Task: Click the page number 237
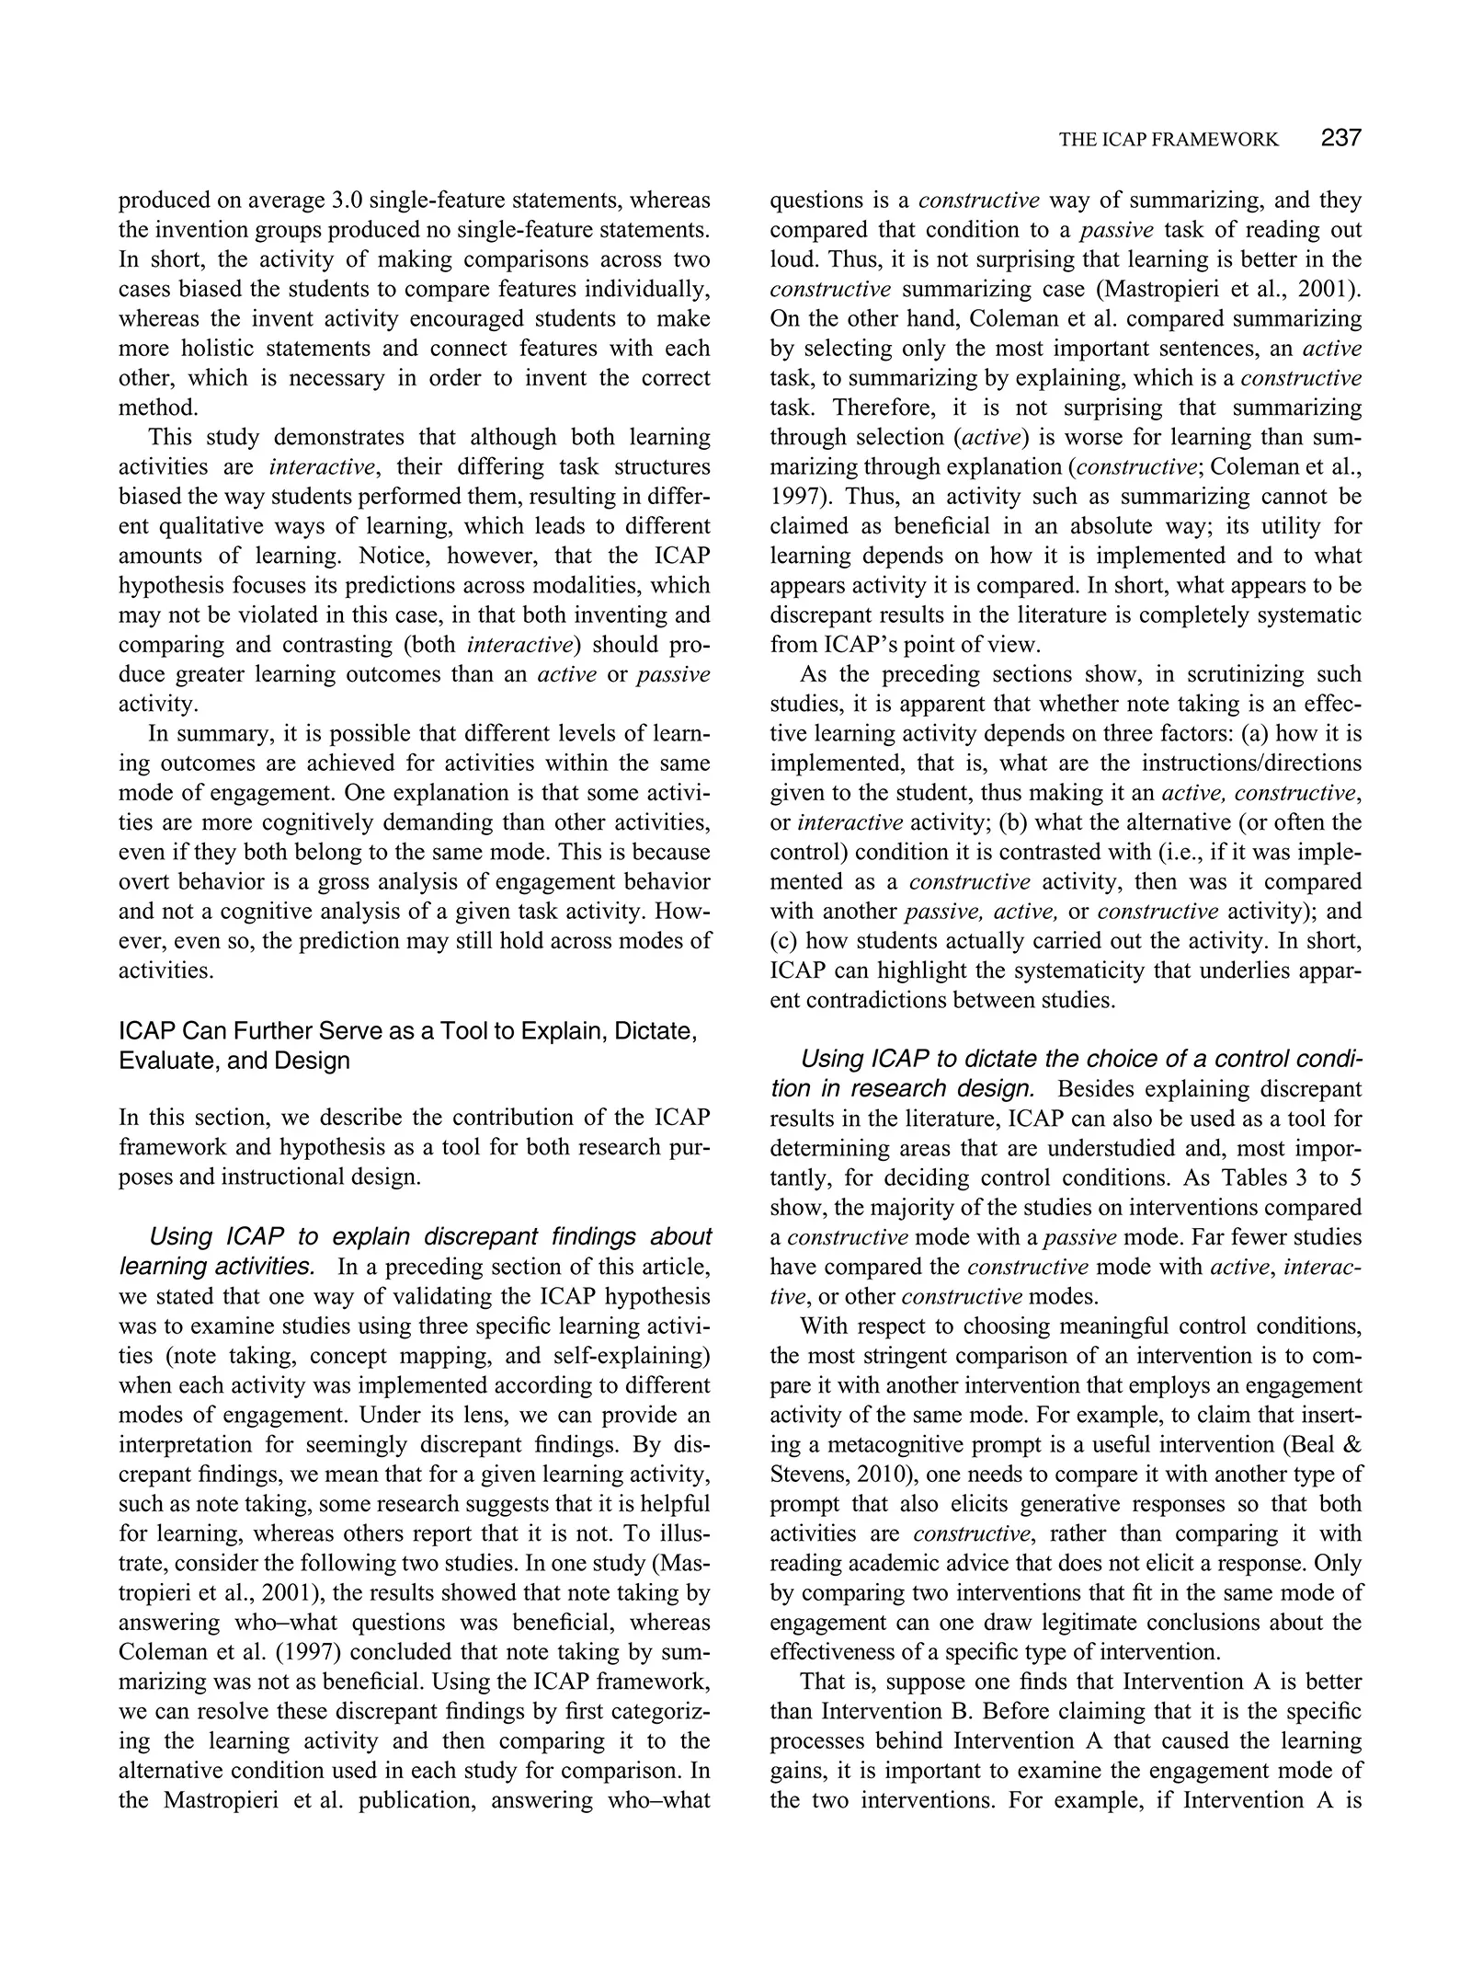click(1340, 139)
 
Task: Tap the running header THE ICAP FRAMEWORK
click(1168, 140)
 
